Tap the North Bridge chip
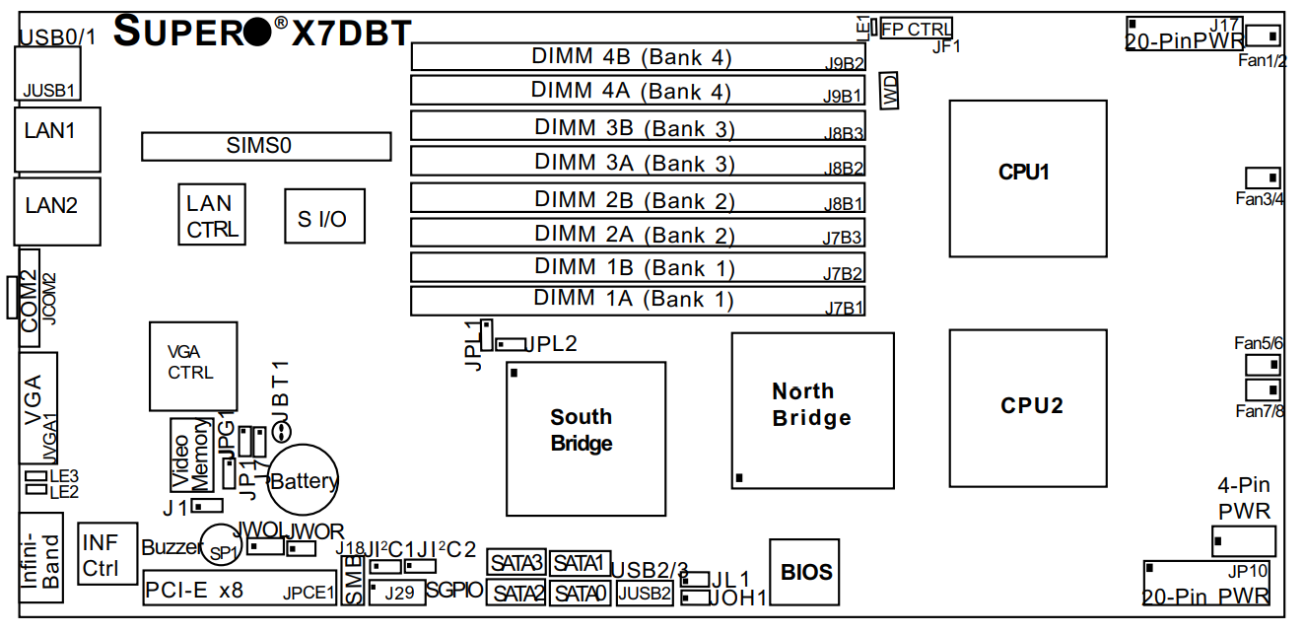point(812,410)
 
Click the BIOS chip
point(804,572)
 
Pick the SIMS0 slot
point(266,147)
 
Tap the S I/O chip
point(324,216)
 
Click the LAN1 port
point(57,138)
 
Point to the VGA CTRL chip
point(193,366)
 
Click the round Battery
point(304,481)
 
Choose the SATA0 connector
point(581,593)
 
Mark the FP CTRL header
point(916,30)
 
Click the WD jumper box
point(890,91)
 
